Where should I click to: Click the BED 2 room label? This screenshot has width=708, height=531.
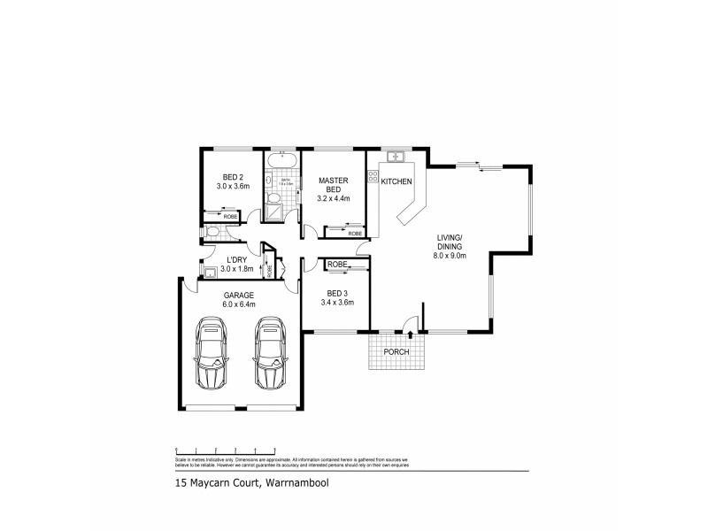point(234,177)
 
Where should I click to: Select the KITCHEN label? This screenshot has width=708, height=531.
point(396,181)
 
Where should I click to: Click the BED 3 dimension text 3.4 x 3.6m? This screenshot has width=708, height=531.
point(337,302)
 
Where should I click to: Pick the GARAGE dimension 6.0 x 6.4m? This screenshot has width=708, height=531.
point(238,304)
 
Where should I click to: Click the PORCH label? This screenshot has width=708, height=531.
point(396,352)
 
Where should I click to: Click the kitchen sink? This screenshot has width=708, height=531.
point(396,158)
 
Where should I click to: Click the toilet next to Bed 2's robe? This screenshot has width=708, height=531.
point(210,232)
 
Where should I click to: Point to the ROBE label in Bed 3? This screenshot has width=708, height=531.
point(336,265)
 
